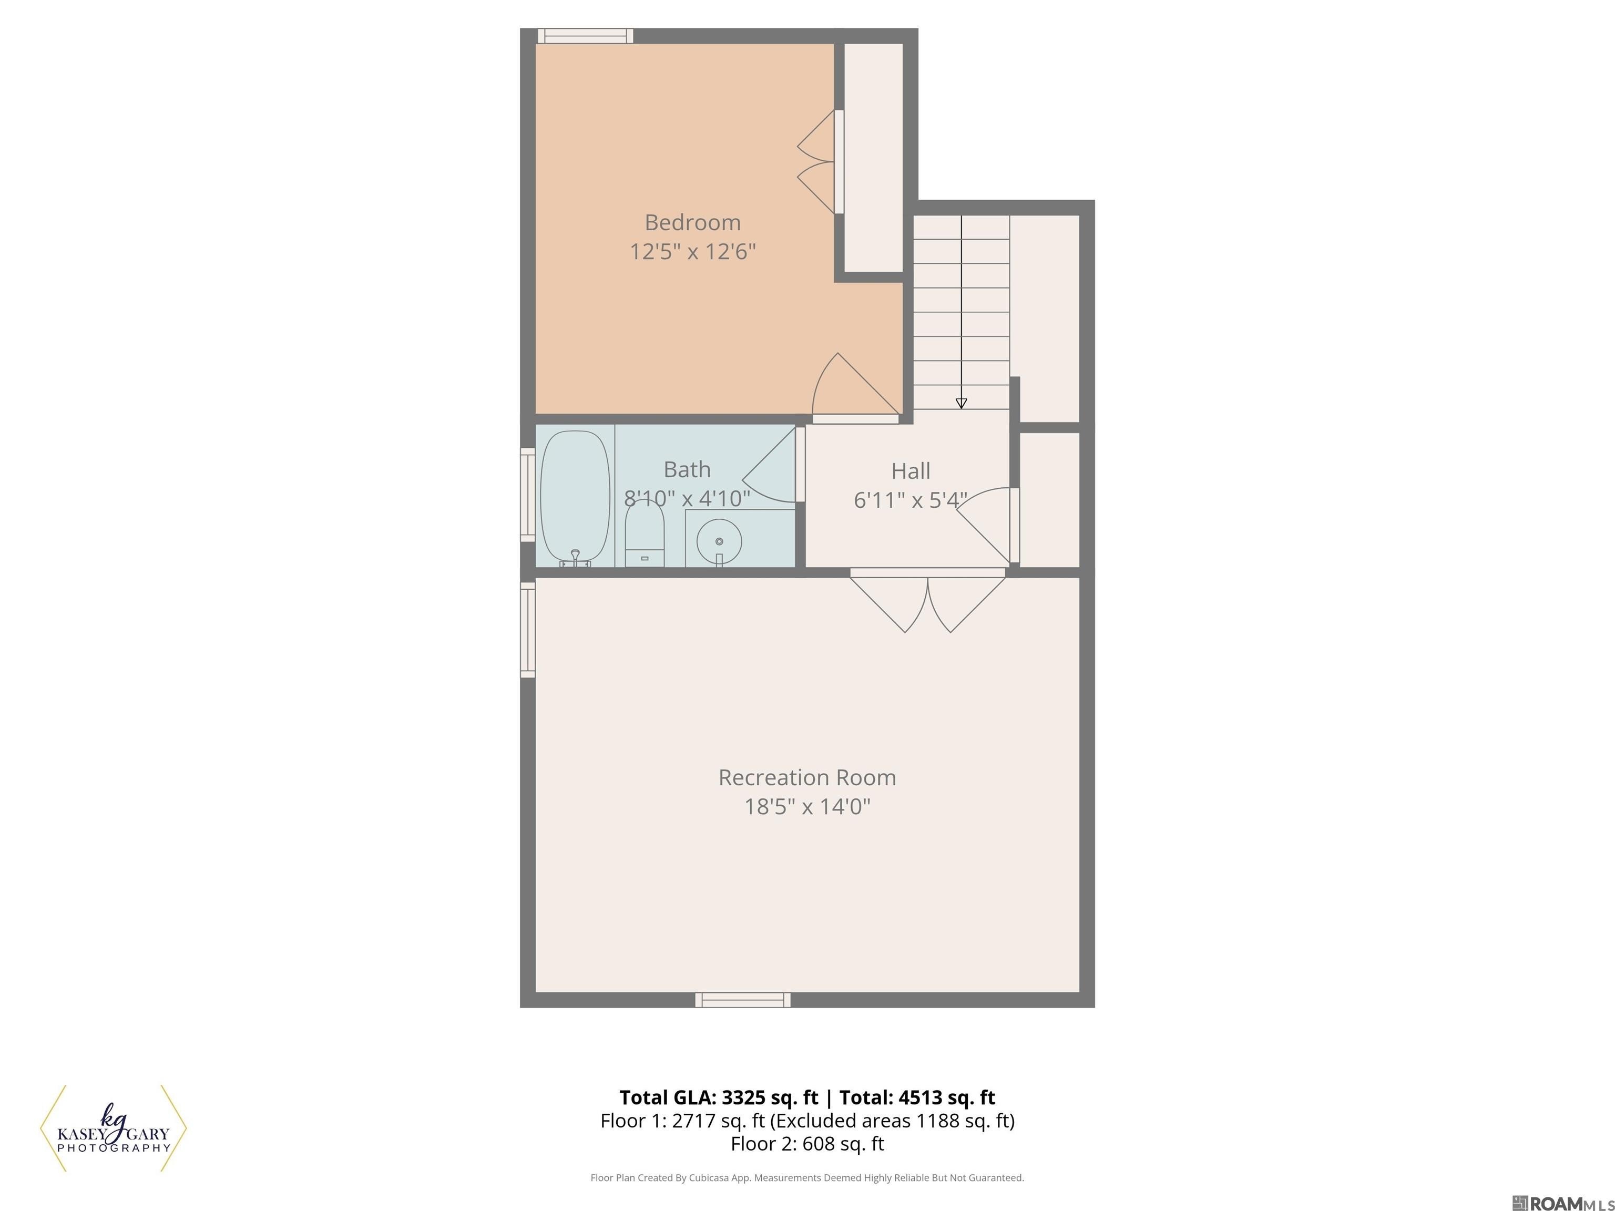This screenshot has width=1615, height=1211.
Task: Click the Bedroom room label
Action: tap(692, 222)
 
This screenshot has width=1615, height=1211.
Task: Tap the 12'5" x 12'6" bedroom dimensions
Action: tap(692, 252)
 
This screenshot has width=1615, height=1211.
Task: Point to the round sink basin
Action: tap(719, 541)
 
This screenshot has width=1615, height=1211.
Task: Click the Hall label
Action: tap(911, 471)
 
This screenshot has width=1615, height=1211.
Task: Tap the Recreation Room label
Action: tap(807, 777)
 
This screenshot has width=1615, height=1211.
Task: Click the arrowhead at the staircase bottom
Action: tap(961, 404)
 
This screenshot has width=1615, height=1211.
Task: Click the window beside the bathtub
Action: tap(527, 495)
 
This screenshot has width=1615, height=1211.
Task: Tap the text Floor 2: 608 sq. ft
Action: tap(807, 1144)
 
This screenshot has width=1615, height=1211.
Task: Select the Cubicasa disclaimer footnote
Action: tap(807, 1177)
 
